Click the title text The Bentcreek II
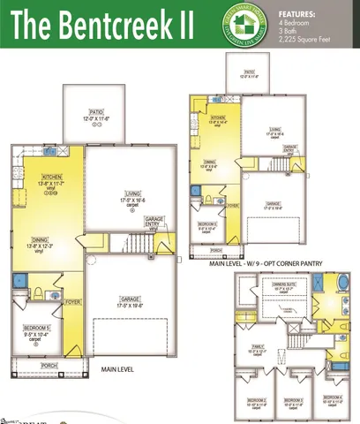coord(101,25)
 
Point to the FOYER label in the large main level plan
coord(72,301)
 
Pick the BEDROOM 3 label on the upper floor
coord(293,399)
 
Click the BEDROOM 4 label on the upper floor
coord(331,397)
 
